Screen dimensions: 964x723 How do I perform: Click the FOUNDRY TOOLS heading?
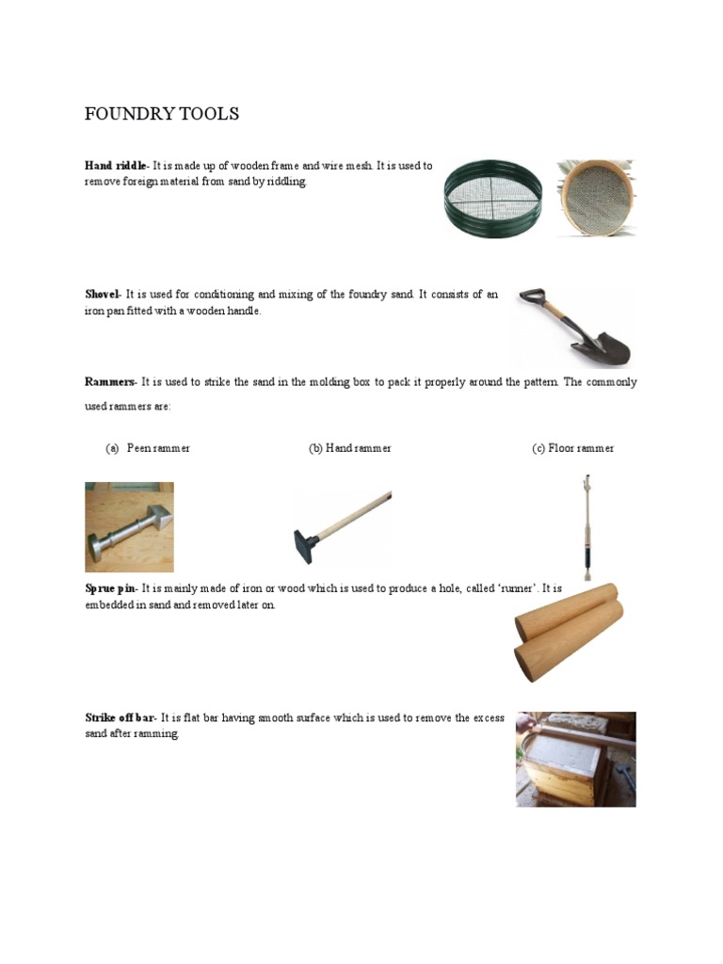pos(162,114)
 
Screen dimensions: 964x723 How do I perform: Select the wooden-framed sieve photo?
pos(596,197)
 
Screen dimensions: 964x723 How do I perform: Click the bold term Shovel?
pos(103,295)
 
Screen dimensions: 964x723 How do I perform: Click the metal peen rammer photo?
pos(129,527)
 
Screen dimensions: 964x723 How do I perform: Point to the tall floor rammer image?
pos(584,527)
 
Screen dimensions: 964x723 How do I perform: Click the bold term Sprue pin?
pos(110,588)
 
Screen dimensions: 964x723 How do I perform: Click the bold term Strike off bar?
pos(120,718)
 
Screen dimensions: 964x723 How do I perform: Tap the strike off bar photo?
pos(575,759)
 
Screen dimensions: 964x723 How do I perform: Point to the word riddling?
pos(285,182)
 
